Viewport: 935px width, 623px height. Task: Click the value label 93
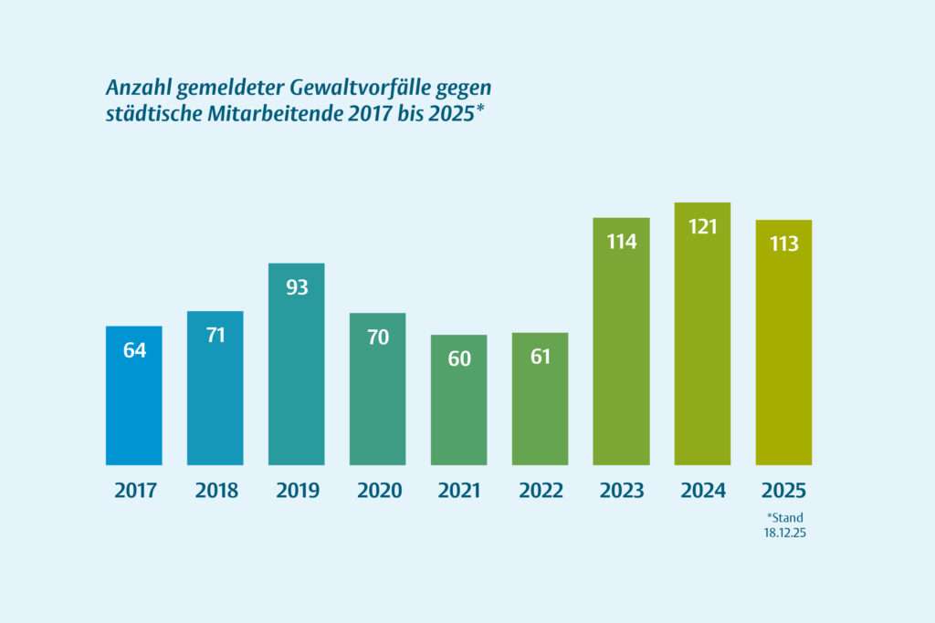tap(297, 287)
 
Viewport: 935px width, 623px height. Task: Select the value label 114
tap(621, 242)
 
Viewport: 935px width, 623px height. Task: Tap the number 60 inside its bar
tap(458, 358)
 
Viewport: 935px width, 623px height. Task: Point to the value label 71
tap(215, 335)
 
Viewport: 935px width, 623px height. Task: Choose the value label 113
tap(783, 244)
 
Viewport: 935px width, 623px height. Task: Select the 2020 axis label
tap(378, 491)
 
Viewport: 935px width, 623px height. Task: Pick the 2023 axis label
tap(621, 491)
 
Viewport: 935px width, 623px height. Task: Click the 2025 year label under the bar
tap(783, 491)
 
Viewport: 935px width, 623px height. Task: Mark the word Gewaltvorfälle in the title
tap(348, 88)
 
